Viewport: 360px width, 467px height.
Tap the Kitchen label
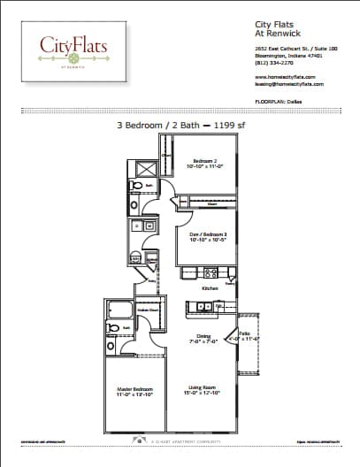[211, 289]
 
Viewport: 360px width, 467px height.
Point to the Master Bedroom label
[135, 390]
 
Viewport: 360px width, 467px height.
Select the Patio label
[244, 337]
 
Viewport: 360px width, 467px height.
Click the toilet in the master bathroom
[112, 328]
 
